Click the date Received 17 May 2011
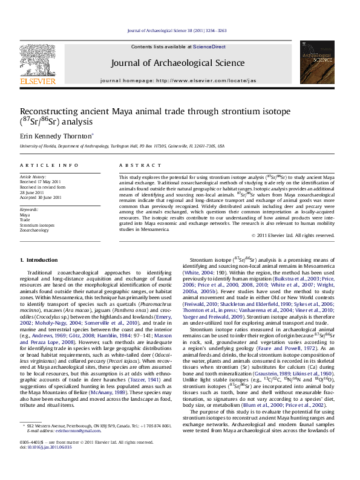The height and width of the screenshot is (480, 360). click(41, 181)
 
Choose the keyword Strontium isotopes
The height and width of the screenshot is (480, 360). click(37, 225)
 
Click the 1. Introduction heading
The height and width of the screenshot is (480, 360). click(39, 260)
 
